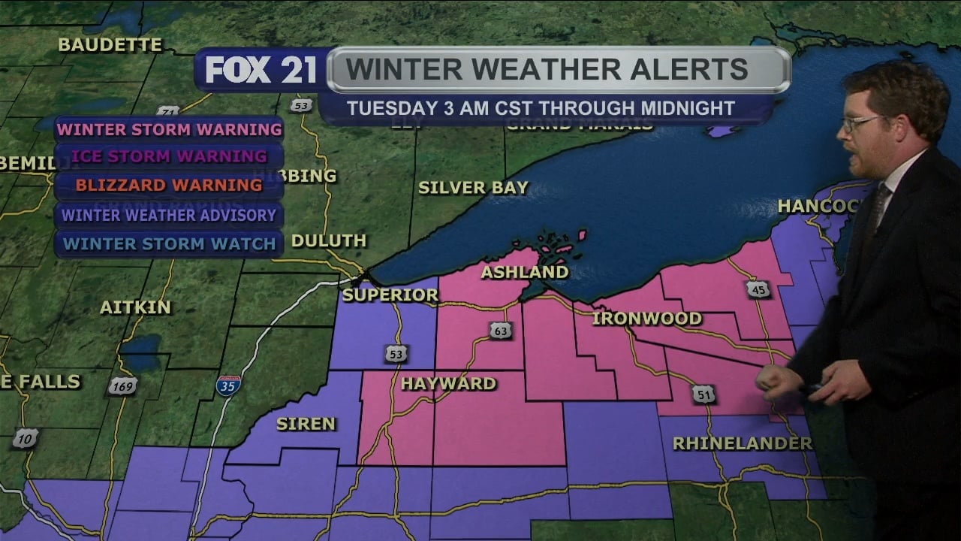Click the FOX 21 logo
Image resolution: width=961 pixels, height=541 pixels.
pos(261,71)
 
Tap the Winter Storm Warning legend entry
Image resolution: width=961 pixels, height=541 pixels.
pos(170,129)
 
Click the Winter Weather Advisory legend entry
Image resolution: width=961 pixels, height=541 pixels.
pos(169,215)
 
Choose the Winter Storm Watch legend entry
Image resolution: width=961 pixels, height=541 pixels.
pos(170,243)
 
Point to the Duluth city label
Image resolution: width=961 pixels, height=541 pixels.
pos(329,241)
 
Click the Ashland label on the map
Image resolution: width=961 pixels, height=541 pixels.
pos(525,272)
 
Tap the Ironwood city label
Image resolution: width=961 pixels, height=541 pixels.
pos(646,319)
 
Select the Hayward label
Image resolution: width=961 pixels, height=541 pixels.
pos(448,384)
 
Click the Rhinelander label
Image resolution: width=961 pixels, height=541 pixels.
pos(742,444)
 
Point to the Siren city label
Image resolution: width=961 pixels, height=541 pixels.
pos(306,424)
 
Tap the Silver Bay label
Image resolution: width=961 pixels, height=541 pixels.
pos(473,188)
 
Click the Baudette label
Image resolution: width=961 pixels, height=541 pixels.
pos(110,45)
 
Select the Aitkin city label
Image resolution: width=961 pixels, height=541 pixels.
pos(135,307)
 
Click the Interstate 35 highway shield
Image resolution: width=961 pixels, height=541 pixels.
pos(228,386)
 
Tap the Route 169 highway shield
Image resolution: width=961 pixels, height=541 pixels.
pos(122,386)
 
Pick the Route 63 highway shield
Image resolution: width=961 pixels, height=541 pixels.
pos(501,330)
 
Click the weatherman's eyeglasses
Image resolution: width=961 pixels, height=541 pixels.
pos(863,122)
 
